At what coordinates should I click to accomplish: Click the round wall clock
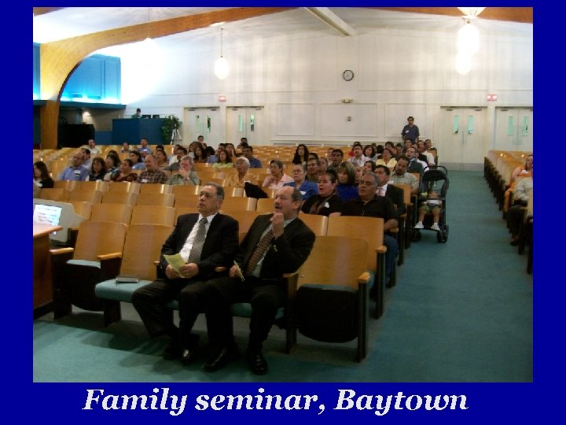pos(347,75)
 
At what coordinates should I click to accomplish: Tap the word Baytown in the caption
pos(401,401)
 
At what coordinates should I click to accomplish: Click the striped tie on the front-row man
pos(259,250)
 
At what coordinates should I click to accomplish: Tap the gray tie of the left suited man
pos(197,240)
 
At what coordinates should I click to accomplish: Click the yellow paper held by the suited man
pos(175,264)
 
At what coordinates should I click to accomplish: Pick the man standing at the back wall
pos(410,130)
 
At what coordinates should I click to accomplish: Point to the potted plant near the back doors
pos(170,128)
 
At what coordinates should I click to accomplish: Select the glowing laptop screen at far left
pos(47,213)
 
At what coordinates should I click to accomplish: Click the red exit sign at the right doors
pos(492,98)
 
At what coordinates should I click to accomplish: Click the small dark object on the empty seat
pos(126,279)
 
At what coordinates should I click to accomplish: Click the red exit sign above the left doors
pos(223,98)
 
